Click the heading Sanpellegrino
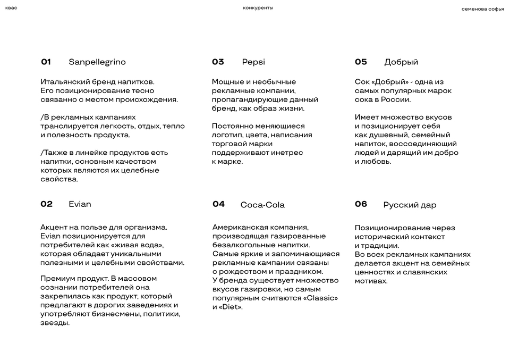click(97, 62)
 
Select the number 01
click(46, 62)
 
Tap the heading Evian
click(80, 204)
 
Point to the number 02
click(47, 204)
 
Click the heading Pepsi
click(253, 62)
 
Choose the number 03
click(218, 62)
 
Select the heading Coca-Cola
click(262, 205)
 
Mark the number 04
click(218, 204)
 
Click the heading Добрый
click(401, 62)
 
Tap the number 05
click(361, 62)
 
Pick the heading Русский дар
click(410, 205)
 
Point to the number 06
click(361, 204)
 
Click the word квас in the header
click(11, 8)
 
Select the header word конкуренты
click(258, 8)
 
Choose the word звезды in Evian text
click(55, 323)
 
